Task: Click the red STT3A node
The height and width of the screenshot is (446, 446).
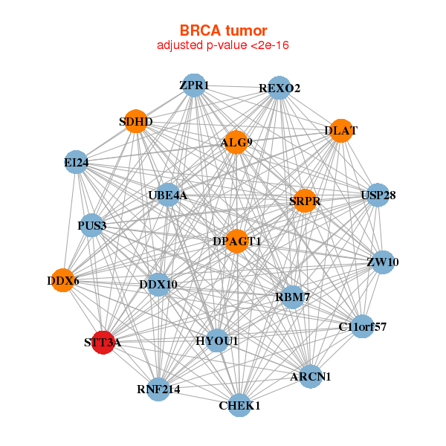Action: [x=103, y=343]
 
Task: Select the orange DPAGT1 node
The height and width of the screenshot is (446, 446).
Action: [x=236, y=241]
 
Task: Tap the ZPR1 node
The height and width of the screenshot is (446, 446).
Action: [x=193, y=85]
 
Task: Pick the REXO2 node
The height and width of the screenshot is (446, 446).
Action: [x=279, y=88]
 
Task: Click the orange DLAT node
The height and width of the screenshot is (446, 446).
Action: [x=340, y=131]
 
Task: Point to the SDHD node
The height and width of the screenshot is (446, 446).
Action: [x=135, y=121]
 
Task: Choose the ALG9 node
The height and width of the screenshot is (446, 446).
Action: [x=235, y=142]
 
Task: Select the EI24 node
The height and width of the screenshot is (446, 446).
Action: [x=77, y=162]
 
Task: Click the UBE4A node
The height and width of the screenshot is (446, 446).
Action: [x=168, y=195]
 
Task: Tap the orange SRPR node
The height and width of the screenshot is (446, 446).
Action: [x=305, y=201]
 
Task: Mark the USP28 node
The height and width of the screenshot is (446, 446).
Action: [x=378, y=196]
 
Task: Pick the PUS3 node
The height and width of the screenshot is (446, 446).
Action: [x=91, y=225]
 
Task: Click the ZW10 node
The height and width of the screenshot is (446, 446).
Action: [x=382, y=262]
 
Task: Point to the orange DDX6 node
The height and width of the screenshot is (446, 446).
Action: [x=62, y=280]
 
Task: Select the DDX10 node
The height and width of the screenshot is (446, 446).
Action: [x=158, y=284]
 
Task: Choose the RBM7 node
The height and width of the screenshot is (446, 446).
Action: [x=292, y=297]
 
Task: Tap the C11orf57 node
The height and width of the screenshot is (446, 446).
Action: [x=362, y=326]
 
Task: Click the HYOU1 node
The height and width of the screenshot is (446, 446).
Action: [x=217, y=340]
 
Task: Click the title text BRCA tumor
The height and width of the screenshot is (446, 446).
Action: [x=223, y=30]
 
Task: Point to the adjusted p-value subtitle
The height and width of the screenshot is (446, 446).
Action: [x=223, y=45]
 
